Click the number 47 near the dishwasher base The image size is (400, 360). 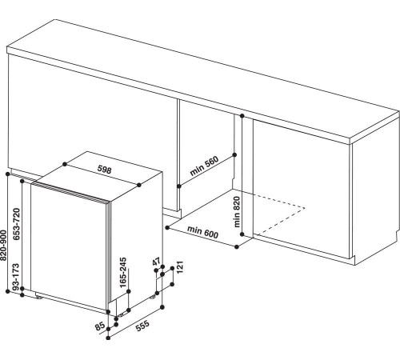pos(157,263)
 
